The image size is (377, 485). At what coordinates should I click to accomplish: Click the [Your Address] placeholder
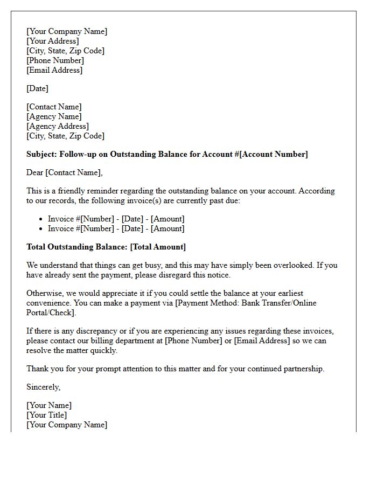tap(53, 41)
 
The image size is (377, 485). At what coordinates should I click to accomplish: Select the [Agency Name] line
tap(54, 116)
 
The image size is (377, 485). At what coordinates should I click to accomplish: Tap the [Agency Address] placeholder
tap(58, 126)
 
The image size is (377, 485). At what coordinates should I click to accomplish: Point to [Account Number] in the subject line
tap(274, 154)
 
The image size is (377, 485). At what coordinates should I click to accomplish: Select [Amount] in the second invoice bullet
tap(167, 228)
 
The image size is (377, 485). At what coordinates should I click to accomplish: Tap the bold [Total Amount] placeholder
tap(158, 247)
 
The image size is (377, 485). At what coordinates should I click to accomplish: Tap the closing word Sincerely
tap(44, 387)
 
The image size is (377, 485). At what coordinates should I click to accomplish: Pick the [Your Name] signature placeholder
tap(49, 405)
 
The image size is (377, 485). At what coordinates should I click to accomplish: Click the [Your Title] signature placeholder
tap(47, 415)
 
